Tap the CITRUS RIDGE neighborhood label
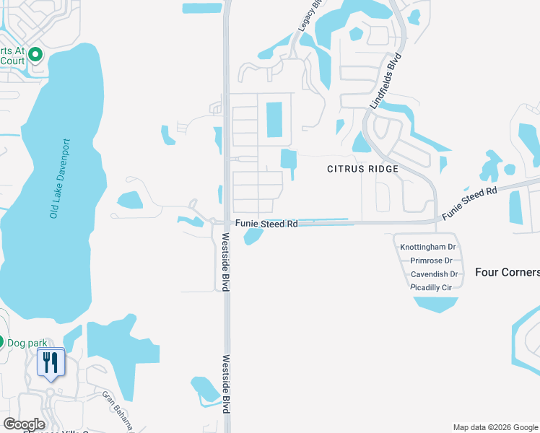363,169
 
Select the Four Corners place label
508,272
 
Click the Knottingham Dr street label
429,247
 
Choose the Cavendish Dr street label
434,274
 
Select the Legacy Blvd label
306,15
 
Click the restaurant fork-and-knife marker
50,362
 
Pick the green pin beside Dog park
1,342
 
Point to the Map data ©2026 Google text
495,428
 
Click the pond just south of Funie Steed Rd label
253,236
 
